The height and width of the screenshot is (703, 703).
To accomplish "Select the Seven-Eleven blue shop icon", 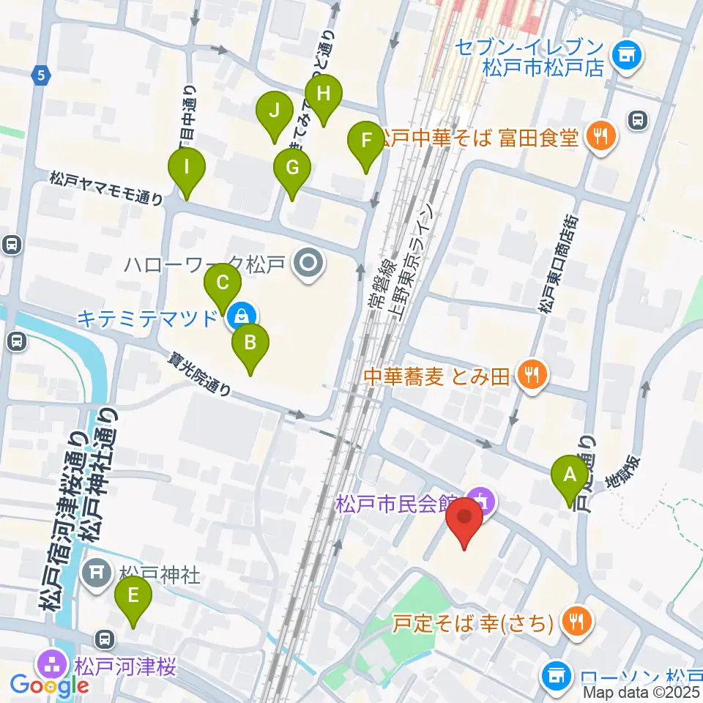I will click(625, 53).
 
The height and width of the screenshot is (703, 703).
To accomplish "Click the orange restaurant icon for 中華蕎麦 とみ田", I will click(530, 376).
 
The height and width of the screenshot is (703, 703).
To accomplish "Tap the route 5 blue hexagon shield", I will click(42, 74).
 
